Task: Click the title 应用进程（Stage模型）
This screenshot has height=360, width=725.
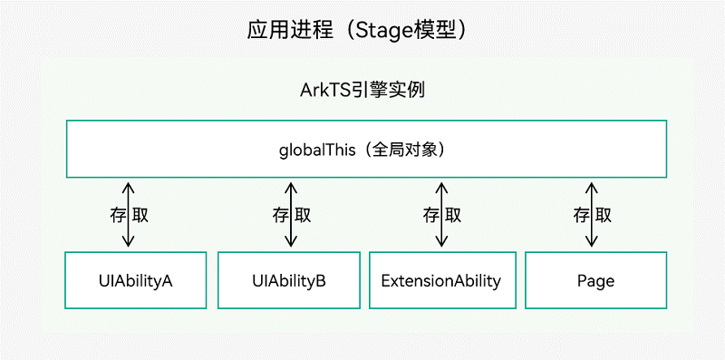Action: [x=362, y=29]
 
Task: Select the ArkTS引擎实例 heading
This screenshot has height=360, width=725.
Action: [x=362, y=91]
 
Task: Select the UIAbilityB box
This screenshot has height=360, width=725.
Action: [x=289, y=280]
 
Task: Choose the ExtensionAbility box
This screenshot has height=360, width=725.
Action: [x=440, y=280]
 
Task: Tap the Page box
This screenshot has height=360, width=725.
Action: [x=595, y=280]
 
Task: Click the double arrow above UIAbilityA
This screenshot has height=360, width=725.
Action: [x=128, y=214]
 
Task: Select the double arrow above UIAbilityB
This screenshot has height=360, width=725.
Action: [x=290, y=214]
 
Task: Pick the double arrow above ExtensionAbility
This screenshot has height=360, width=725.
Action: [x=441, y=214]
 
